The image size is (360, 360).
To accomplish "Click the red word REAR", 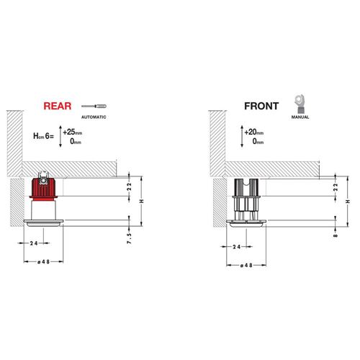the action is pos(58,106).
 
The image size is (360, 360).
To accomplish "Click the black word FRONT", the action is pos(261,106).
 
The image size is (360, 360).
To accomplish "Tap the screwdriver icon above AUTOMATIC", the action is pos(94,106).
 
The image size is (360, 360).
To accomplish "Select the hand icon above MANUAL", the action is pos(300,104).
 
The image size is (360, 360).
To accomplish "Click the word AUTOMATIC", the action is pos(94,117).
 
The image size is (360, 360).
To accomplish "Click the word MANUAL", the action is pos(300,117).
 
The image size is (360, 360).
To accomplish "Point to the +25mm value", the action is pos(73,132).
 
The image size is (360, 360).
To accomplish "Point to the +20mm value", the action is pos(254,132).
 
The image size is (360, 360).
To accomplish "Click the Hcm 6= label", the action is pos(43,136).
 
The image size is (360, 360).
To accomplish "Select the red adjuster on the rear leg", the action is pos(43,189).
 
